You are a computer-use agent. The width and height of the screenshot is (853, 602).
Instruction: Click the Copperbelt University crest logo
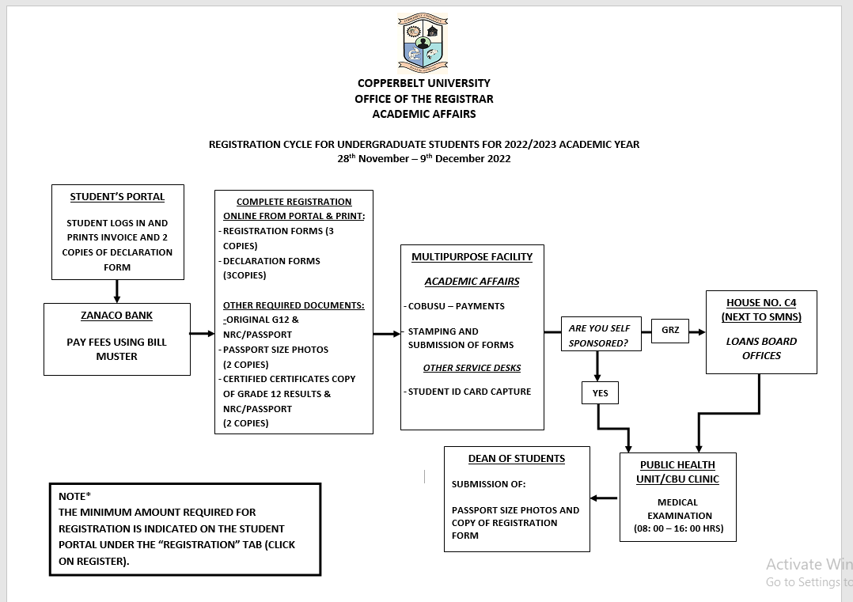[423, 44]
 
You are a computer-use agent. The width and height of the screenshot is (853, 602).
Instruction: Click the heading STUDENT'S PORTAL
[117, 197]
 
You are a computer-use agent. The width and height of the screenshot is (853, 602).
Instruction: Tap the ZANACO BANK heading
[116, 316]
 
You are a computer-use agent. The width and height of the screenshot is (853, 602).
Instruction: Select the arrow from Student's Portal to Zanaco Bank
[117, 291]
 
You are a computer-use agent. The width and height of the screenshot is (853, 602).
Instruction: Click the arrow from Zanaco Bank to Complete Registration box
[203, 333]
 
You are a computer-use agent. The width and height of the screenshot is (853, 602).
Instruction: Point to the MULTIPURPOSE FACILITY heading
[472, 256]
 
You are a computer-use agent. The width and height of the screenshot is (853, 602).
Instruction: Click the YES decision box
[600, 393]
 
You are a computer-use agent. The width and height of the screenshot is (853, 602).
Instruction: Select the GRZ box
[670, 331]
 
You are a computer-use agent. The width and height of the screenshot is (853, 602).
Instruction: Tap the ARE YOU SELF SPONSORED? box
[601, 334]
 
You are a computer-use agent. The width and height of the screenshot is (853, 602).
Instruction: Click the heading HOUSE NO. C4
[761, 303]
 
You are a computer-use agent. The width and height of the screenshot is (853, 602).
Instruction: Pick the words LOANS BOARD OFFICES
[761, 348]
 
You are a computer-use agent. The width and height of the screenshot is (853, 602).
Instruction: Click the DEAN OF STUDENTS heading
[516, 459]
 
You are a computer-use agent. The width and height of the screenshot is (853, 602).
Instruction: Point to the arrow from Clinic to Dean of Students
[604, 498]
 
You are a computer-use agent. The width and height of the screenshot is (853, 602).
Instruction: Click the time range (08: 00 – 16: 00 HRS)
[678, 528]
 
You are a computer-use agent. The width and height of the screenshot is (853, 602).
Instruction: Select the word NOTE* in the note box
[74, 496]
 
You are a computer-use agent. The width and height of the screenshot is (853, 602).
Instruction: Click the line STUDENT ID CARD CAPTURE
[469, 392]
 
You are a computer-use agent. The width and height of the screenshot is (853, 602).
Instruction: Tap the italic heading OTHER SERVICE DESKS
[472, 368]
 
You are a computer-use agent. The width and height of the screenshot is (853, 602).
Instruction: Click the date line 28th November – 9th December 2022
[424, 158]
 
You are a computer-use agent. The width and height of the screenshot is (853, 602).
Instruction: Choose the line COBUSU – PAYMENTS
[456, 306]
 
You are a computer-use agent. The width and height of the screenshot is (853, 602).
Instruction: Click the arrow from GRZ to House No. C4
[697, 331]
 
